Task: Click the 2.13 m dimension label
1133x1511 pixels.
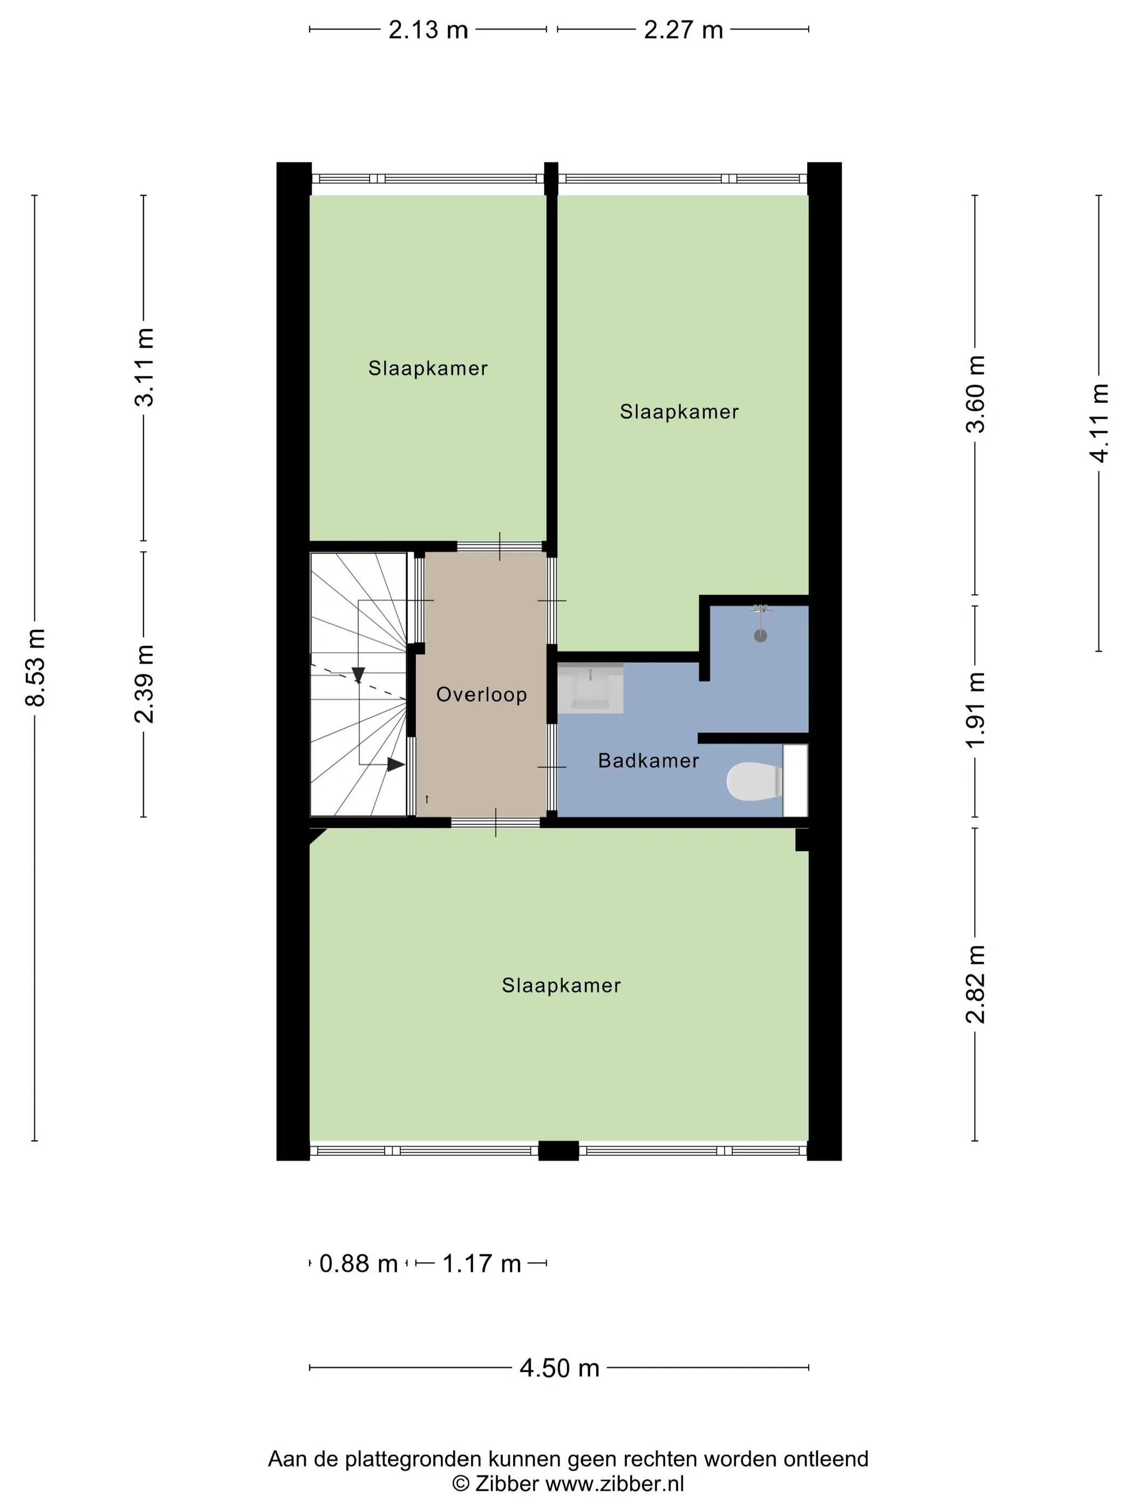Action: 428,30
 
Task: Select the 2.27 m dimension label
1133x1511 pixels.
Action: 683,30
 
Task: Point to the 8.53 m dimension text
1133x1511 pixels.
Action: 35,668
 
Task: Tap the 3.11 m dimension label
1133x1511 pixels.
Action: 144,367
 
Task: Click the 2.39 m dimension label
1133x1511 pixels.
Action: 144,684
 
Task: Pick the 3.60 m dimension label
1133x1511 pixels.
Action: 975,394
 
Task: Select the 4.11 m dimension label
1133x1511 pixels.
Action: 1099,423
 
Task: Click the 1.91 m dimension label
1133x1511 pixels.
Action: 975,710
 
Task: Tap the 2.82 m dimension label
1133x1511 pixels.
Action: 975,984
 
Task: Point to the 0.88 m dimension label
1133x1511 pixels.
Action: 359,1264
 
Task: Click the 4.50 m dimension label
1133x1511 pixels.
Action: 559,1368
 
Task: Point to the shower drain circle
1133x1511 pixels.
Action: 760,636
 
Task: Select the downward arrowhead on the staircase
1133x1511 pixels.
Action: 358,675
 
